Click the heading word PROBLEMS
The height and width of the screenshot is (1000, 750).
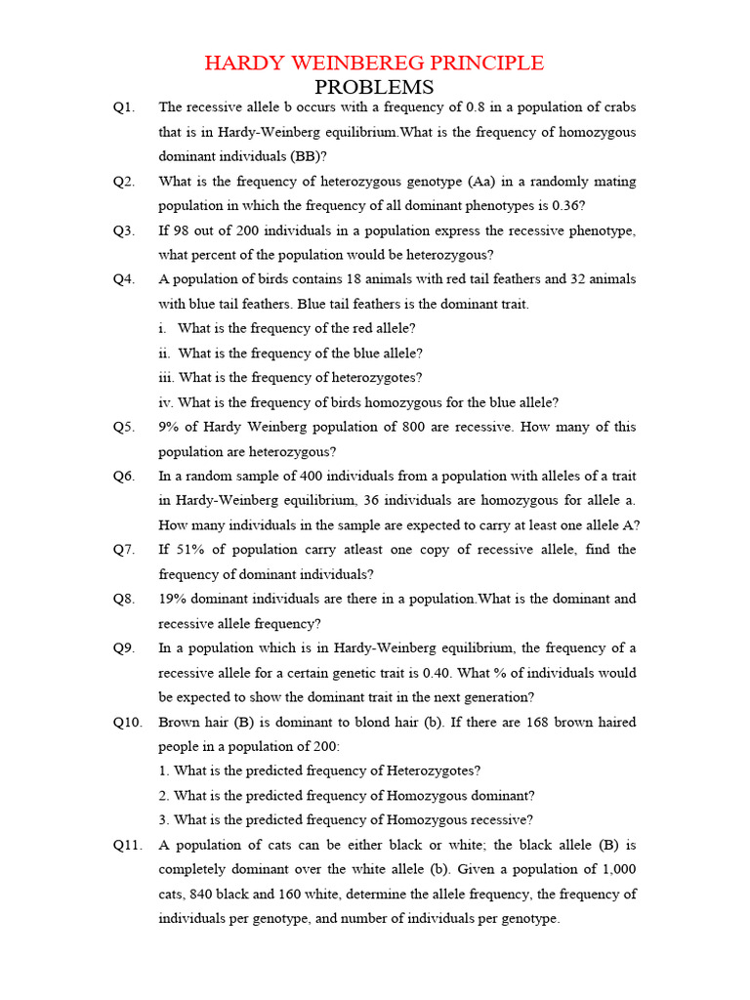pyautogui.click(x=374, y=88)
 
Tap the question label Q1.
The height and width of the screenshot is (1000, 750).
pyautogui.click(x=124, y=107)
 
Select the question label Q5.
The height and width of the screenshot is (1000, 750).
pyautogui.click(x=124, y=427)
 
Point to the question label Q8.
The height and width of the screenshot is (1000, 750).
pyautogui.click(x=124, y=599)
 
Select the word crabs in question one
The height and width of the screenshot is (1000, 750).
pyautogui.click(x=618, y=107)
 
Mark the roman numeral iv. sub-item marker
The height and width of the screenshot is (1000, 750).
pyautogui.click(x=166, y=402)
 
